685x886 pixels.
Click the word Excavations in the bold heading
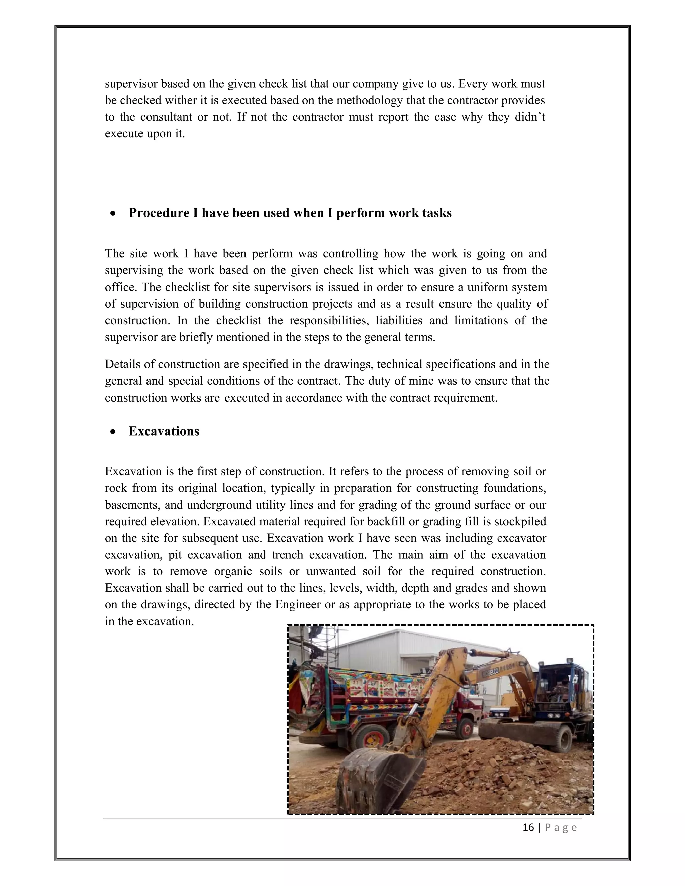pos(164,431)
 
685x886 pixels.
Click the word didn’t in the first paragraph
pos(529,117)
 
